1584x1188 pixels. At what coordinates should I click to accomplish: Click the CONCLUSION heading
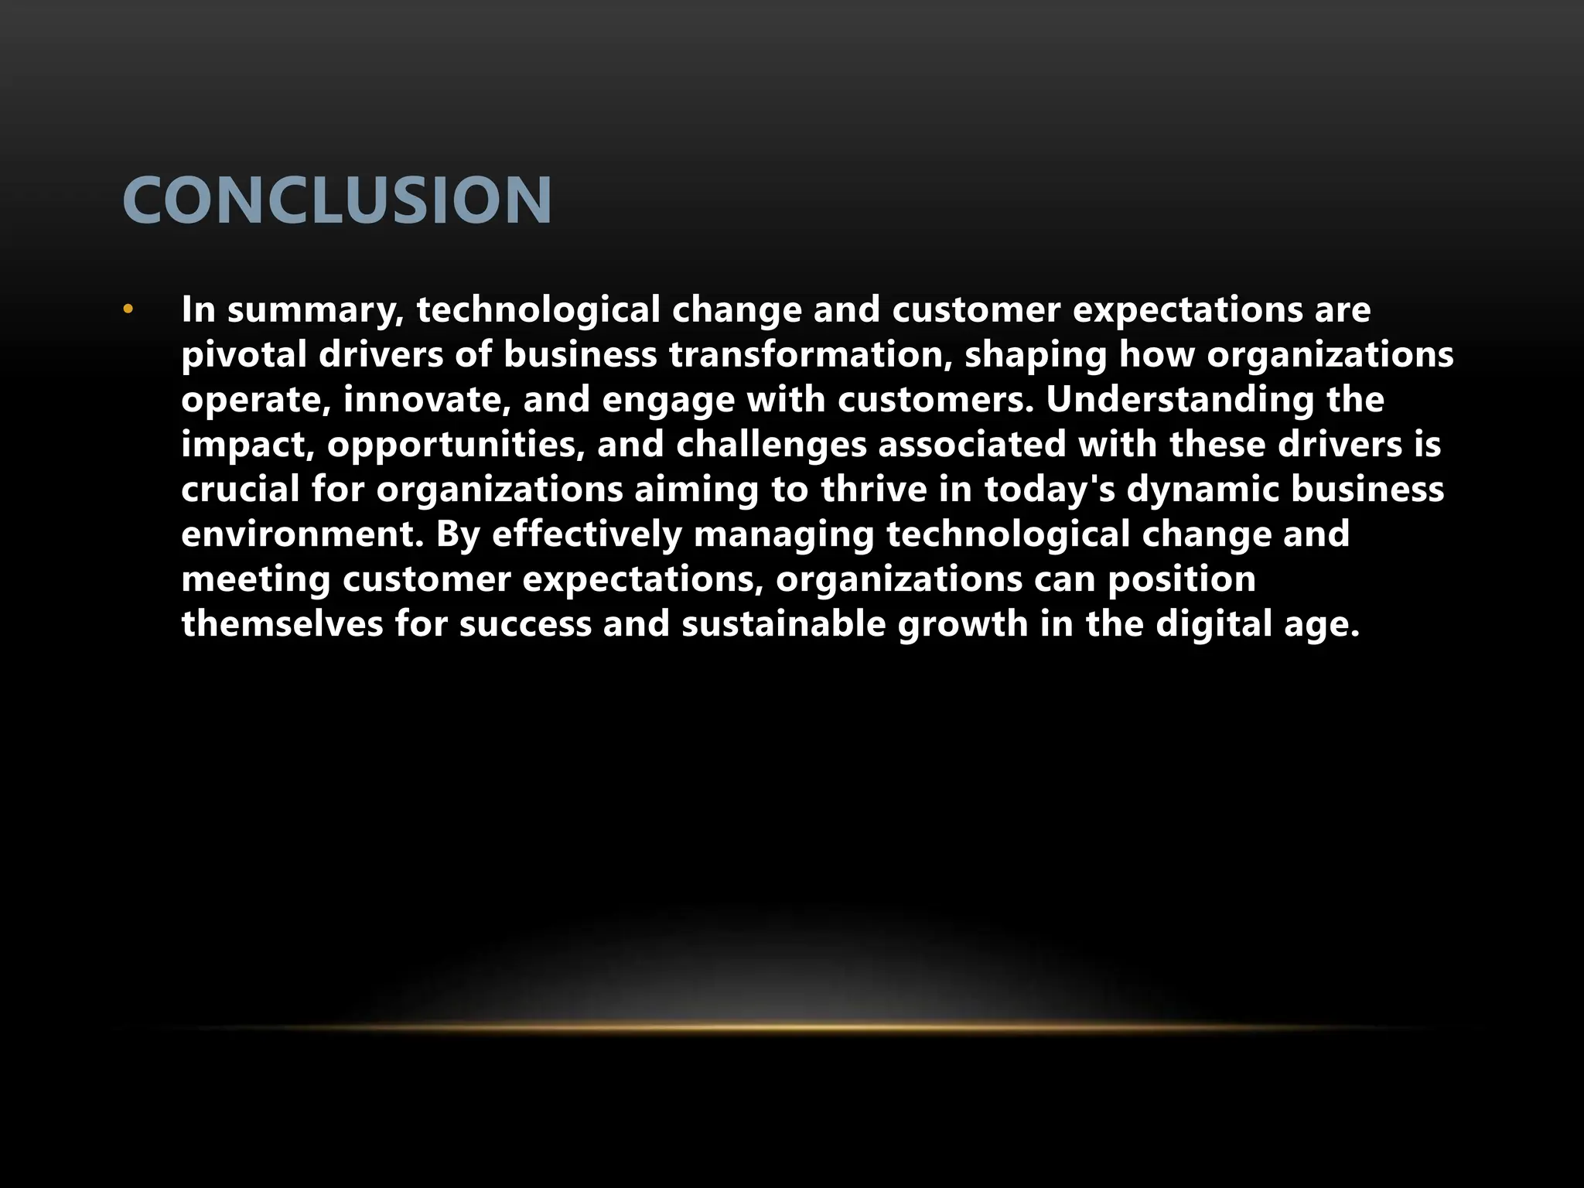point(337,200)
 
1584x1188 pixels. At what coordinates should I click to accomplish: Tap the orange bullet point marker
point(128,310)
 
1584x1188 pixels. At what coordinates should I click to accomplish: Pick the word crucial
point(240,490)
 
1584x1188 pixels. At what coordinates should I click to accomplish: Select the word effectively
point(587,534)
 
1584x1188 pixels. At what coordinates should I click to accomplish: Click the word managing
point(783,534)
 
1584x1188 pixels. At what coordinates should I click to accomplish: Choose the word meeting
point(256,579)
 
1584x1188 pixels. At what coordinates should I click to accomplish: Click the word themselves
point(282,624)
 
